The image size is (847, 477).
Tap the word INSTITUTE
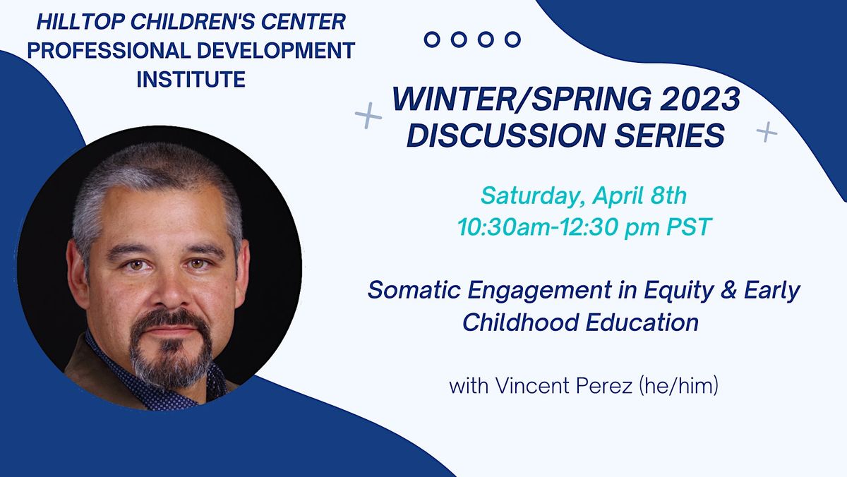(191, 79)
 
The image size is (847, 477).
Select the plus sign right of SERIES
(767, 131)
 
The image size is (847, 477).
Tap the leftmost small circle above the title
(432, 40)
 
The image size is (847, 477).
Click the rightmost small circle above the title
(512, 40)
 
